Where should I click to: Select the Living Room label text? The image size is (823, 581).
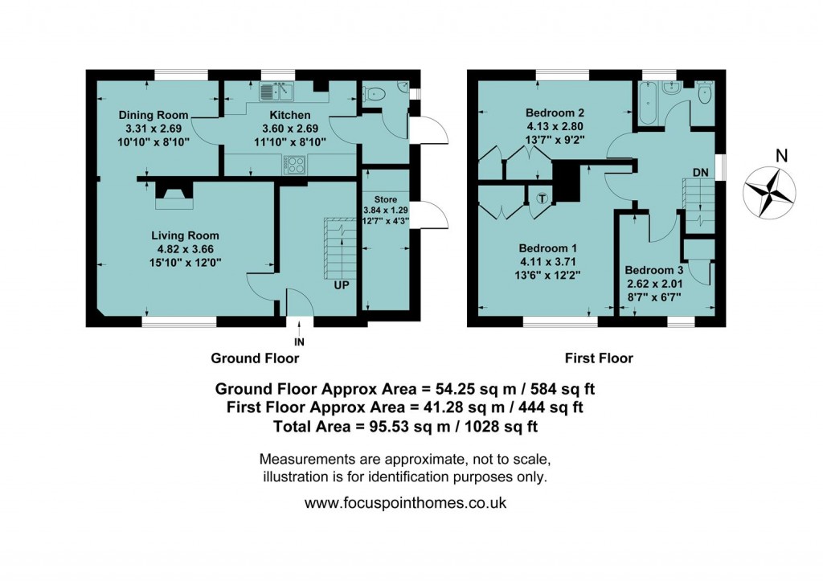pos(185,235)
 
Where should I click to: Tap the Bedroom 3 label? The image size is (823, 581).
pos(653,270)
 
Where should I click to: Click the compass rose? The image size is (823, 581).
pos(770,191)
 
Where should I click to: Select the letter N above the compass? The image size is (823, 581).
pos(770,155)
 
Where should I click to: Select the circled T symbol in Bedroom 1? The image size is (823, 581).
pos(542,198)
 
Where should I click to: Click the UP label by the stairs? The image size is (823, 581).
pos(342,284)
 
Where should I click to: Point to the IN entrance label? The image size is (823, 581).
pos(300,342)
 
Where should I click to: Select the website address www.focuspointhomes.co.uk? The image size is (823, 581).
pos(405,504)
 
